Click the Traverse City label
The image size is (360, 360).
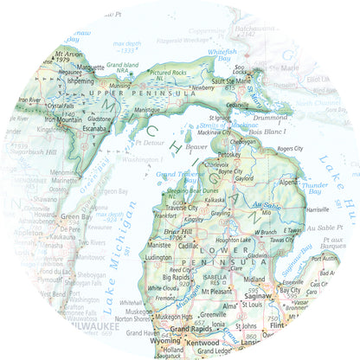click(x=176, y=209)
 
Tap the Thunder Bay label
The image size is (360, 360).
click(x=318, y=188)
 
